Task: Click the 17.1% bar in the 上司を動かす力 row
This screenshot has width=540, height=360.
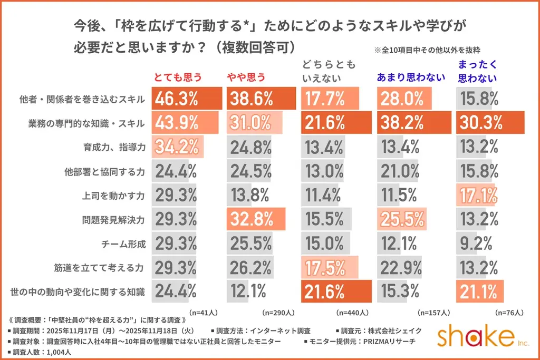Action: (x=478, y=195)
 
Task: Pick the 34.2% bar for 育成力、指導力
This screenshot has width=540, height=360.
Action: (x=178, y=147)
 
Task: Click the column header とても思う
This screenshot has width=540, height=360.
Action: (x=178, y=77)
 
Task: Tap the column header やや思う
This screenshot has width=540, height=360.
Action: (x=246, y=77)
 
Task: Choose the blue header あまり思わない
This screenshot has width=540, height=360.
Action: (x=411, y=77)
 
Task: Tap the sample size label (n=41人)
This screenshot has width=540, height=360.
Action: (x=202, y=312)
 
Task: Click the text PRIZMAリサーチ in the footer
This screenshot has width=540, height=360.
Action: (x=382, y=341)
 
